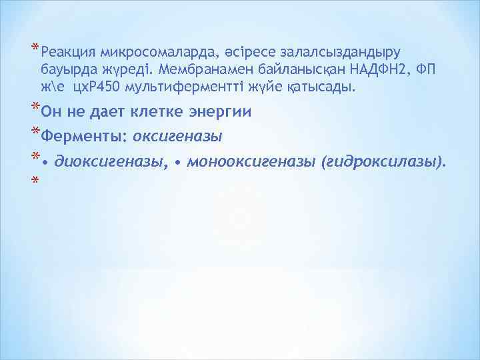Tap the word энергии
[x=218, y=113]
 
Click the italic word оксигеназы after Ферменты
[x=177, y=137]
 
